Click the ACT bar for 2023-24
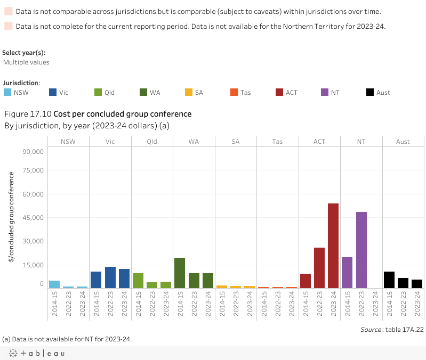pos(333,246)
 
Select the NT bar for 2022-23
pos(361,250)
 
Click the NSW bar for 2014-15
pos(54,284)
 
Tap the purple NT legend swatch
pos(325,92)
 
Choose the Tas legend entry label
pos(245,93)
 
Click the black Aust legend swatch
pos(370,92)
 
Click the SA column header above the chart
pos(236,142)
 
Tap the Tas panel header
pos(277,142)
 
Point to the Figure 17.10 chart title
pos(98,114)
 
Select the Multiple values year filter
pos(26,62)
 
